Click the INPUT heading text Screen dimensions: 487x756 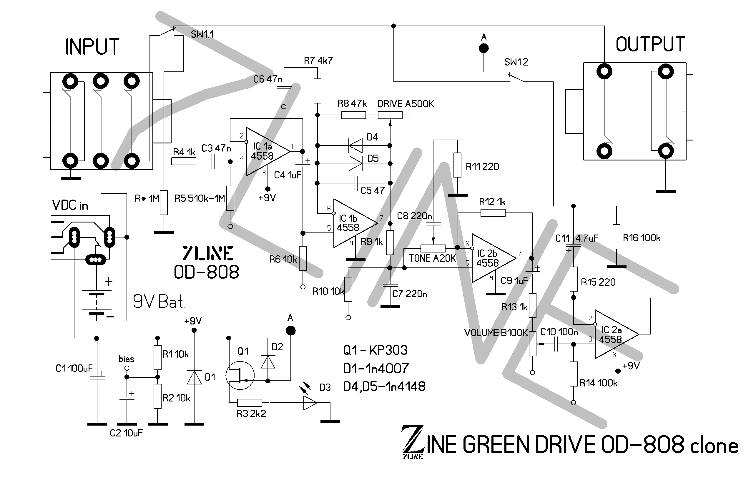[92, 47]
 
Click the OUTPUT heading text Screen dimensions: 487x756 [650, 44]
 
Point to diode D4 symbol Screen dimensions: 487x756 [355, 145]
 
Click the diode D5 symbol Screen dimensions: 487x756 [355, 163]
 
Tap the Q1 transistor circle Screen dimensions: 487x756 [240, 376]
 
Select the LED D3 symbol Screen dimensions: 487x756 [310, 402]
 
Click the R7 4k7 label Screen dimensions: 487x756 [318, 61]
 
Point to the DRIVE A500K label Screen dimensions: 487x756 [406, 104]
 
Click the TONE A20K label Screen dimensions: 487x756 [432, 259]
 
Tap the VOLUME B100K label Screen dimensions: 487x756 [496, 333]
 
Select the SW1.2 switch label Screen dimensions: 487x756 [516, 62]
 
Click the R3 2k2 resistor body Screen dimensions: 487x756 [250, 403]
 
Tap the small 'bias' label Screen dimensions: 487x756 [126, 359]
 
